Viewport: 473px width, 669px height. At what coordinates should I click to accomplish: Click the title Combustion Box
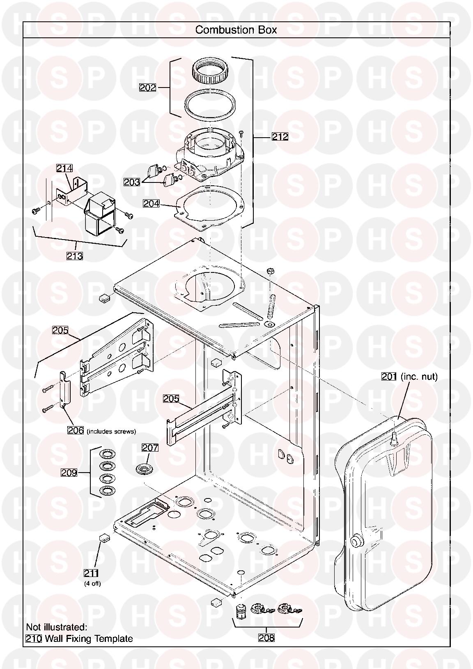236,30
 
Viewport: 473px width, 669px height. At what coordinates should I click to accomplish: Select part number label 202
148,88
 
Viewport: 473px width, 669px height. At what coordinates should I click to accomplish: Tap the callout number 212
280,136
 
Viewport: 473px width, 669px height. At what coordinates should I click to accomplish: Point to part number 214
64,168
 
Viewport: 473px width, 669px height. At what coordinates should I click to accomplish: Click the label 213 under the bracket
75,256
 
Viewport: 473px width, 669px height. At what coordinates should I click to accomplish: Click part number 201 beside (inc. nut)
389,376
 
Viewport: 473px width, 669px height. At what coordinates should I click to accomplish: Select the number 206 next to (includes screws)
76,431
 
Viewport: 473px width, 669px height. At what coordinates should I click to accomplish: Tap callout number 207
150,448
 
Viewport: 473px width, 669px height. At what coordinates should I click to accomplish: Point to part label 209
69,473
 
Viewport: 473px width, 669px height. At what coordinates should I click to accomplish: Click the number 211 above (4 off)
91,573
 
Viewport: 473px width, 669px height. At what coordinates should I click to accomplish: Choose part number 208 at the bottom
266,638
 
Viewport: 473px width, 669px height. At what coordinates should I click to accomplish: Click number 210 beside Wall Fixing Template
34,639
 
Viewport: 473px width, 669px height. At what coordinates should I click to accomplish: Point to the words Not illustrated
57,627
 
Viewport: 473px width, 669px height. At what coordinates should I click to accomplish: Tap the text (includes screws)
112,431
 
